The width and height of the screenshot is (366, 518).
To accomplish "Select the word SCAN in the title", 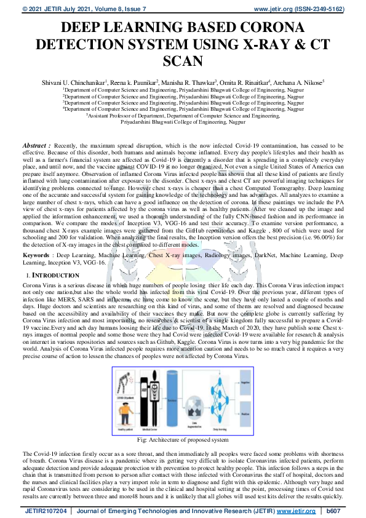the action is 183,60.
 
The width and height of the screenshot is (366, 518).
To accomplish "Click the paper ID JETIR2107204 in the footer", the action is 46,511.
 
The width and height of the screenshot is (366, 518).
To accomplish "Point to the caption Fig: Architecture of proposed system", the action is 182,440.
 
